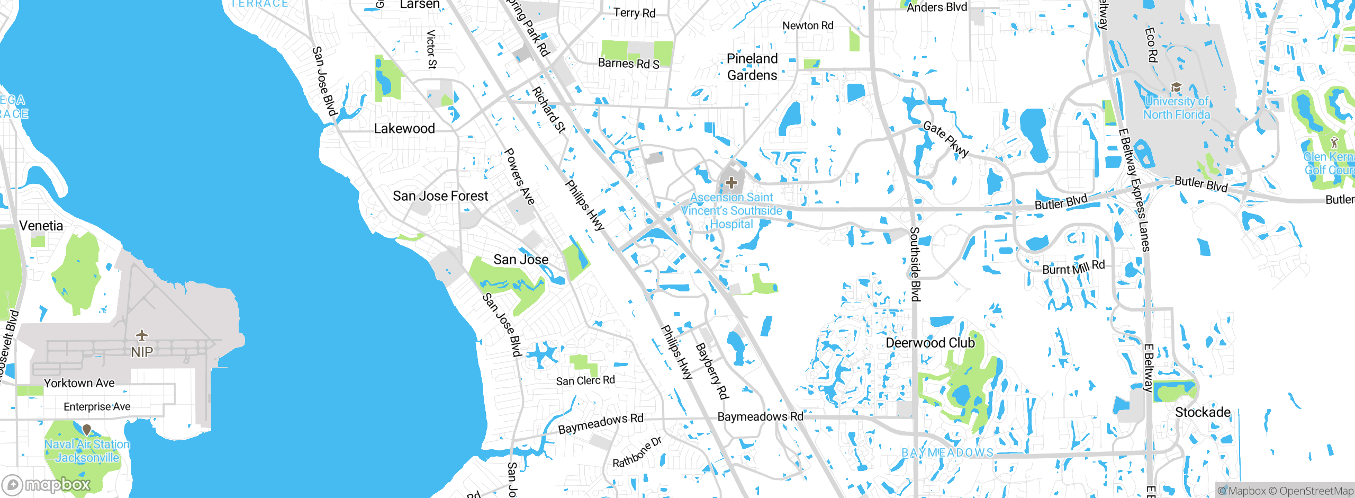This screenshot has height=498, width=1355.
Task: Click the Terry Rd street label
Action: (634, 13)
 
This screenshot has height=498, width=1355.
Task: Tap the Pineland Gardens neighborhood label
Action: (752, 67)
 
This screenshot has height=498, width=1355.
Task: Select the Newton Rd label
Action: (808, 25)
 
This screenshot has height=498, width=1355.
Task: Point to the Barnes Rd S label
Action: (628, 64)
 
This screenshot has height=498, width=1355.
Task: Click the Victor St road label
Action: (432, 49)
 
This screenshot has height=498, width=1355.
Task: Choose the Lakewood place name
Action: (404, 129)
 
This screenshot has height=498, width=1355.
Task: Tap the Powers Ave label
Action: (519, 176)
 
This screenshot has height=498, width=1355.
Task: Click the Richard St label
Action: (549, 110)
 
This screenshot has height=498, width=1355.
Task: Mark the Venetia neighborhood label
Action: (41, 226)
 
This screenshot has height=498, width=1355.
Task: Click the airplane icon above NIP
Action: (141, 335)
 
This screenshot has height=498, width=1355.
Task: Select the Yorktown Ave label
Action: (79, 383)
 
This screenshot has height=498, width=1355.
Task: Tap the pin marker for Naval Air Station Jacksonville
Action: (87, 430)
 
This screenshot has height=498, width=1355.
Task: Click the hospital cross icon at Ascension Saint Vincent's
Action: (731, 183)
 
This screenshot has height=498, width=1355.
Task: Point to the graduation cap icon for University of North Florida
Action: (1176, 87)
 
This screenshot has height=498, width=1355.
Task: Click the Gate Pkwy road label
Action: (946, 139)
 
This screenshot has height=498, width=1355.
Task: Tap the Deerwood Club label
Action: (930, 343)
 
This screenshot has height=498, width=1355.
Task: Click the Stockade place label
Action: (1203, 412)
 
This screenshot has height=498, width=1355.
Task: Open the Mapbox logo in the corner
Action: (47, 484)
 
